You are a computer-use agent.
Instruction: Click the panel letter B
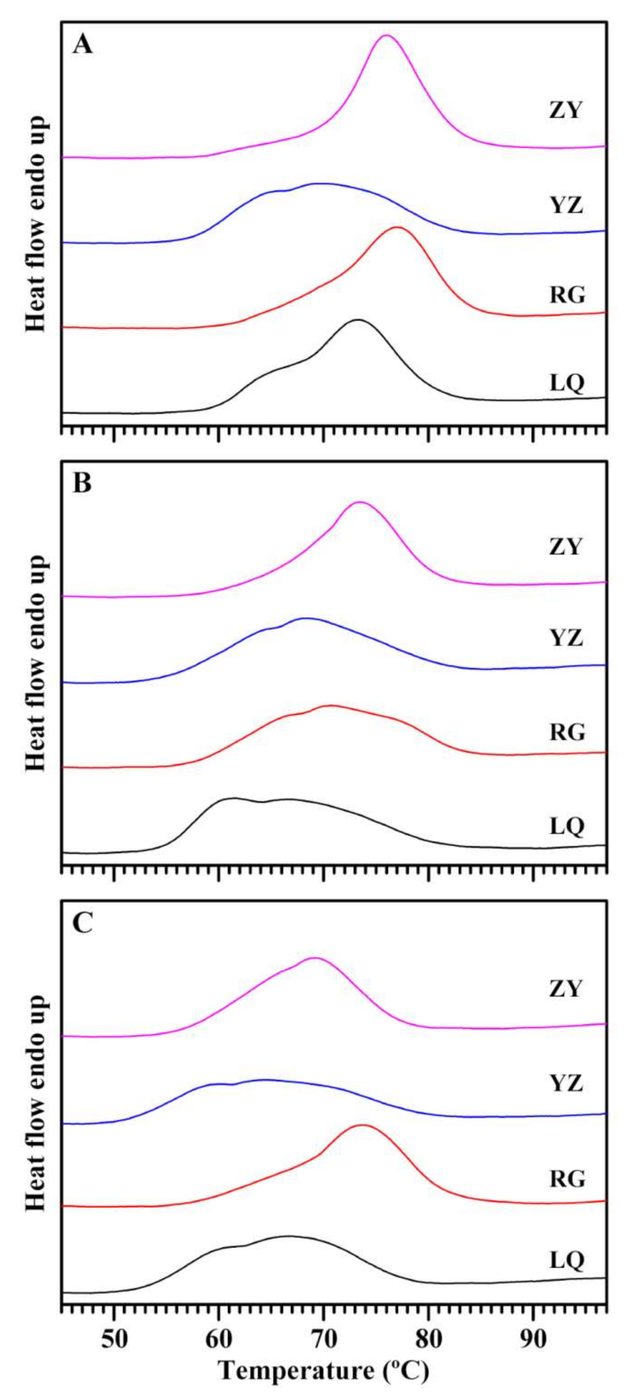tap(83, 483)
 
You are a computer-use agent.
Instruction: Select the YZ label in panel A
tap(566, 206)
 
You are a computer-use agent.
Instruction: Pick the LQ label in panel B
tap(567, 827)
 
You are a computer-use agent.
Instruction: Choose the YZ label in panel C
tap(566, 1084)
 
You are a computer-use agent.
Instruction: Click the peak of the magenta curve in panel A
tap(386, 36)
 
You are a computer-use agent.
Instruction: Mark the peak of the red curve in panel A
tap(397, 228)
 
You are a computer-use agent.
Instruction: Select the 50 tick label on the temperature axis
tap(114, 1336)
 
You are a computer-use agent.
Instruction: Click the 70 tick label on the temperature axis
tap(324, 1336)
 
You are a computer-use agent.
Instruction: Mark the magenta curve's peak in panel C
tap(314, 958)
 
